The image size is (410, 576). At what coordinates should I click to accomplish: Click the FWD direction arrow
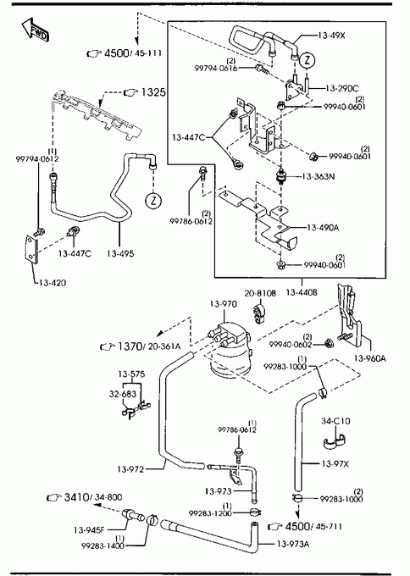click(35, 30)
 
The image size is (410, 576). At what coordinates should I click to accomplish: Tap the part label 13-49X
click(331, 36)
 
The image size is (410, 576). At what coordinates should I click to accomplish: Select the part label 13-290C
click(341, 88)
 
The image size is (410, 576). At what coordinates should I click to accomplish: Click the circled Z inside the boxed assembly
click(307, 60)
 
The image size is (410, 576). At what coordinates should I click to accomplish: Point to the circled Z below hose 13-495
click(153, 201)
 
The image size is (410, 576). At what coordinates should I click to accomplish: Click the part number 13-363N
click(319, 177)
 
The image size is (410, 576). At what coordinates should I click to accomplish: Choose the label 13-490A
click(323, 228)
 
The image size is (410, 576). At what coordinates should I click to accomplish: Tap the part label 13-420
click(53, 283)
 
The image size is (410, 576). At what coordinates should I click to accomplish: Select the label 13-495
click(120, 253)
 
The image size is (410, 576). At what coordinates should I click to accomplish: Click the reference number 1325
click(153, 92)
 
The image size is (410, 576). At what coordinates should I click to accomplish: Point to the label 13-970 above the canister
click(224, 304)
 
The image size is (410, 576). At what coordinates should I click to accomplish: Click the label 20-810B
click(260, 293)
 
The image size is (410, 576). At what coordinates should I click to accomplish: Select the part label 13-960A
click(369, 358)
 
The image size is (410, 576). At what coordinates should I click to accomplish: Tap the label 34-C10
click(335, 421)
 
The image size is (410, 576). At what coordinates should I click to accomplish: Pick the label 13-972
click(130, 469)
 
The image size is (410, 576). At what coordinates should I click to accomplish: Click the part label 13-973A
click(293, 544)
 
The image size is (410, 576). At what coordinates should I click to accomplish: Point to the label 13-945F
click(89, 530)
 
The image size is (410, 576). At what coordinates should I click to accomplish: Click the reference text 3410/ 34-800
click(93, 497)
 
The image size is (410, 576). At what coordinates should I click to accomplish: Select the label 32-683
click(122, 394)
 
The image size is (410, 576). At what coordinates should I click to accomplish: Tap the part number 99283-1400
click(102, 546)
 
